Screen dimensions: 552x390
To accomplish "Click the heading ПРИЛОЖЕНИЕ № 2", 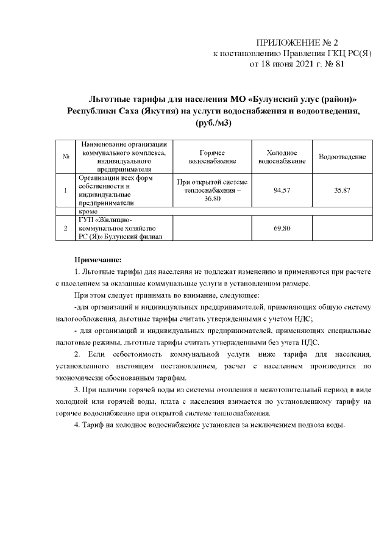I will tap(297, 43).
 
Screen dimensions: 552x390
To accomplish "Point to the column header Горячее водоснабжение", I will tap(211, 157).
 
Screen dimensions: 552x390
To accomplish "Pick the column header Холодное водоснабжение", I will tap(282, 157).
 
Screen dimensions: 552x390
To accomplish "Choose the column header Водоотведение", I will tap(342, 157).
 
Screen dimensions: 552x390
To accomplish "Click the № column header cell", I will tap(65, 157).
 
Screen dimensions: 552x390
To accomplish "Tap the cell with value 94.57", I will tap(282, 190).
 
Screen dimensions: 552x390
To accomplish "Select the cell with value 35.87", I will tap(342, 190).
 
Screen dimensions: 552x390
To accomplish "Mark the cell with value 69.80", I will tap(282, 228).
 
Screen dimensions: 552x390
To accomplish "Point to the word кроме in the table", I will tap(88, 210).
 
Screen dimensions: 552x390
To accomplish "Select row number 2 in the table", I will tap(65, 228).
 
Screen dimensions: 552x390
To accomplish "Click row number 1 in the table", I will tap(65, 190).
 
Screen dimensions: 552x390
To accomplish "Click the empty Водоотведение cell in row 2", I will tap(342, 228).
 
